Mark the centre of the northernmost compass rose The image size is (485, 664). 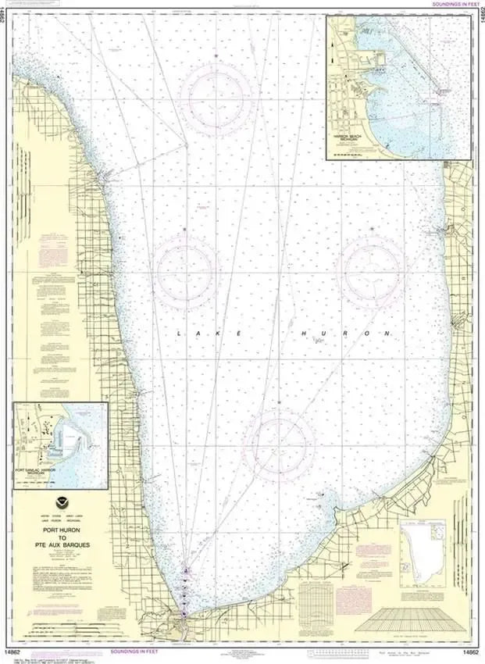tap(216, 93)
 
